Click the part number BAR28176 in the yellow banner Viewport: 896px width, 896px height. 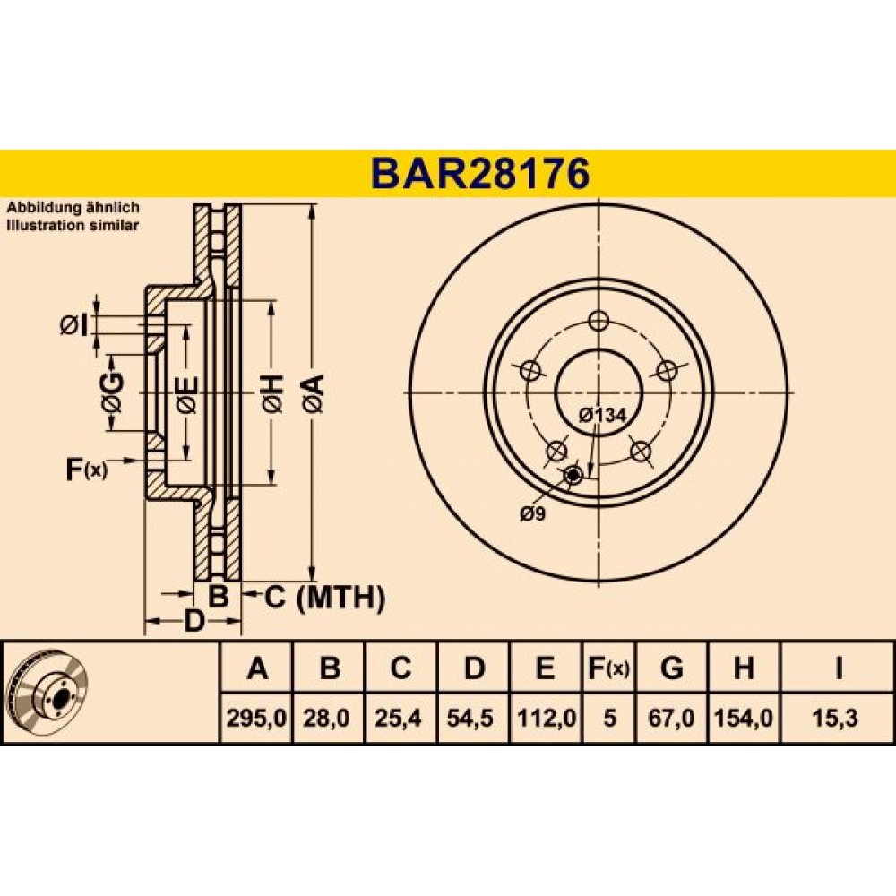[480, 174]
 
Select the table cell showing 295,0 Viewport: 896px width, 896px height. [256, 717]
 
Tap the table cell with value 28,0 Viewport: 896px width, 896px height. [327, 717]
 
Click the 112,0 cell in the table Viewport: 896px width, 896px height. [547, 717]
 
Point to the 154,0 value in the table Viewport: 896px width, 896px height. [744, 717]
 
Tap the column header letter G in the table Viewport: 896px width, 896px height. [671, 668]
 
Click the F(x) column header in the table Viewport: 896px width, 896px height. [608, 668]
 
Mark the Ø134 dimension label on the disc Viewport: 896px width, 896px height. [602, 416]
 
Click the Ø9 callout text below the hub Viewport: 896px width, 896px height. [532, 513]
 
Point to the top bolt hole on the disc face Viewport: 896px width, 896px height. [599, 321]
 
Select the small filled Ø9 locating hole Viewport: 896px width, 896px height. [573, 474]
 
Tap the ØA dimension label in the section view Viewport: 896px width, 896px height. [314, 393]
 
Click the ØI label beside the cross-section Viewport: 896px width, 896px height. [74, 327]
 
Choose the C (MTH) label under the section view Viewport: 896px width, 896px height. [324, 598]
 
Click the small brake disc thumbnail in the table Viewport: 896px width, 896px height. [49, 694]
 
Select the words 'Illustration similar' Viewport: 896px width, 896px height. [73, 225]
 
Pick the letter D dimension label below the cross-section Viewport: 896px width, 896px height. [194, 621]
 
